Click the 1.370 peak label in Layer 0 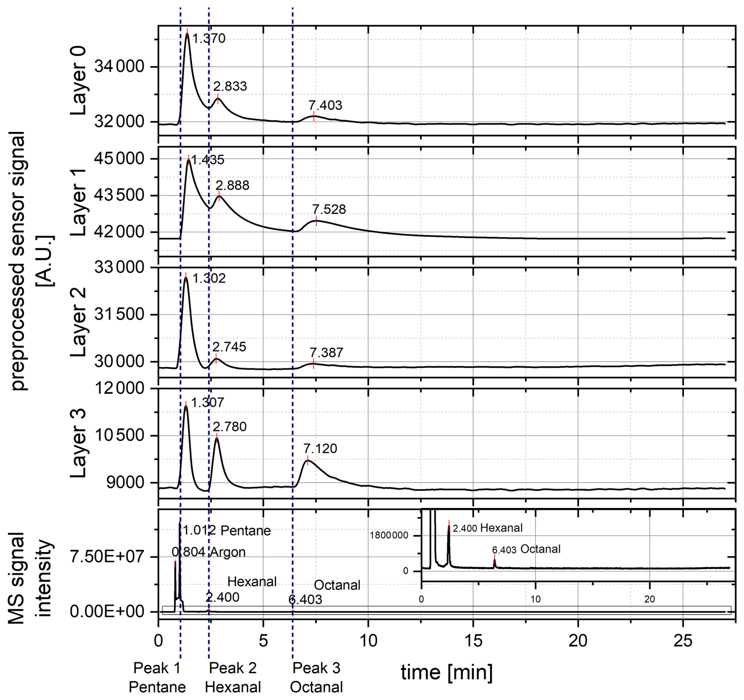(x=209, y=39)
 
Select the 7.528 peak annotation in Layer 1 (x=329, y=209)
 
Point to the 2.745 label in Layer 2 (x=229, y=347)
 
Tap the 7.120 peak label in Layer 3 (x=320, y=449)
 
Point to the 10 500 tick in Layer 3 (x=120, y=435)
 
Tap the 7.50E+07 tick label (x=107, y=557)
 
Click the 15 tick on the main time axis (x=473, y=641)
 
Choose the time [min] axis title (x=447, y=672)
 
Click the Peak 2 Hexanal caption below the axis (x=233, y=677)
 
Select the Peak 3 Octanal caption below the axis (x=317, y=677)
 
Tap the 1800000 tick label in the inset (x=389, y=535)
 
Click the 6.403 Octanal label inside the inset (x=526, y=549)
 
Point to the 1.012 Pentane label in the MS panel (x=227, y=531)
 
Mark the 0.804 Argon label (x=209, y=552)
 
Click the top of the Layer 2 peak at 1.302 (x=186, y=278)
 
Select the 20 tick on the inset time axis (x=649, y=599)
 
